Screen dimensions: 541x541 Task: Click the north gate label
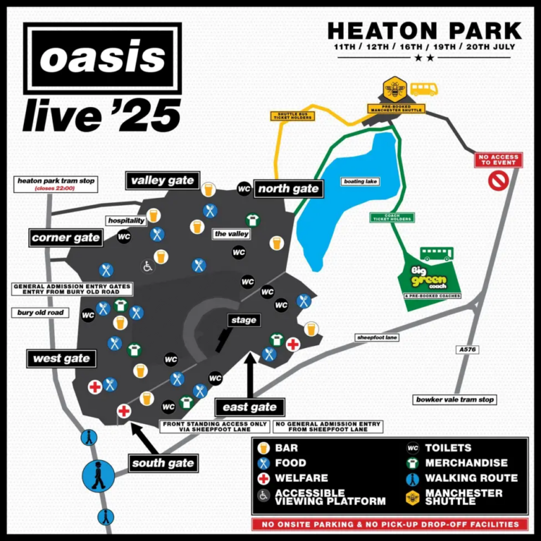(x=288, y=189)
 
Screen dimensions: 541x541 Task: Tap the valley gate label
(x=163, y=181)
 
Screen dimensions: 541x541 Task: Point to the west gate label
(x=62, y=359)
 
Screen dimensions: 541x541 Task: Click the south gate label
(x=163, y=463)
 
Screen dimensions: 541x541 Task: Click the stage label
(x=244, y=321)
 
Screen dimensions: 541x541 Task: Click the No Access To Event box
(x=499, y=161)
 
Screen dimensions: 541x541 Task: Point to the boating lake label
(x=361, y=181)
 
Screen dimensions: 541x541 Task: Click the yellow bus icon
(x=424, y=89)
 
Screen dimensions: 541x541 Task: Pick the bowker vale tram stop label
(x=454, y=399)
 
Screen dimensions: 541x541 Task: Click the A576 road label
(x=468, y=349)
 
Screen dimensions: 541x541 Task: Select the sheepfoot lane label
(x=378, y=337)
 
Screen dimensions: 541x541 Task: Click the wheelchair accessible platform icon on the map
(x=147, y=266)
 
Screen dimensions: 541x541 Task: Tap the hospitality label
(x=126, y=220)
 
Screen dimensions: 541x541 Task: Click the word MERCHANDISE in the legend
(x=466, y=463)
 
